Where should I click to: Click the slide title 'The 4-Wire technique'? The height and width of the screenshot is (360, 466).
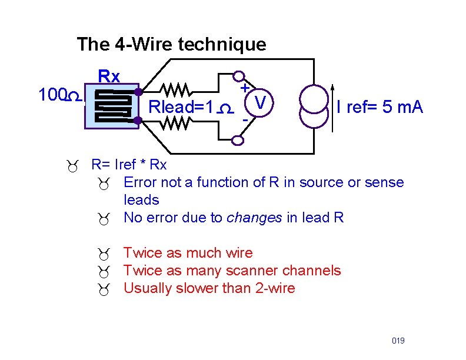coord(171,44)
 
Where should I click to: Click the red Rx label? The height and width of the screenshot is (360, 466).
coord(109,76)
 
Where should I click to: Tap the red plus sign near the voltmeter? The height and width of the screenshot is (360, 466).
coord(244,87)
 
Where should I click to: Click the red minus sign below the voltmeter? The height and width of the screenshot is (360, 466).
coord(244,119)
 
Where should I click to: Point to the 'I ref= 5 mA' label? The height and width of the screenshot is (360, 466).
coord(380,107)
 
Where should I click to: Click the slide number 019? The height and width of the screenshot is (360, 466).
coord(398,341)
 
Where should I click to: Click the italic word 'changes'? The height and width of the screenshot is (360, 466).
coord(254,218)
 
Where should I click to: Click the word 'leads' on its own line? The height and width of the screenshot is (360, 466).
coord(141,200)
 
